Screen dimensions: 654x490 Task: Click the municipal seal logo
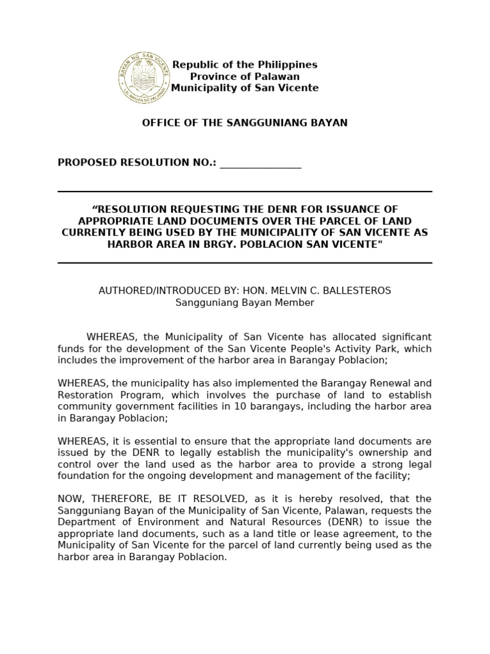[144, 78]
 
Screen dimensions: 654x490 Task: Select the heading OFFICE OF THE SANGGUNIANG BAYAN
[244, 123]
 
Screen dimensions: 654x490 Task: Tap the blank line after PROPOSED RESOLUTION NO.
[260, 163]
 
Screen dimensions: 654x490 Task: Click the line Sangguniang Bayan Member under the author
[244, 303]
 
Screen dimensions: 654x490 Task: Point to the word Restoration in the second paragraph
[84, 395]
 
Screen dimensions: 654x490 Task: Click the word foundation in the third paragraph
[81, 476]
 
